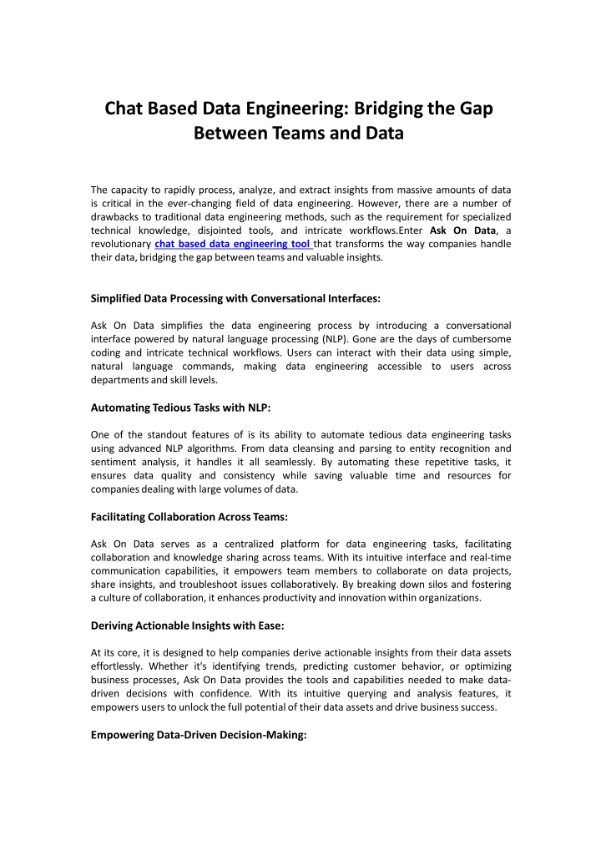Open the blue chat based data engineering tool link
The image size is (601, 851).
click(x=233, y=244)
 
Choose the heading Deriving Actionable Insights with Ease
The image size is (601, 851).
click(x=185, y=627)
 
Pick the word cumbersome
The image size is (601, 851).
click(x=481, y=339)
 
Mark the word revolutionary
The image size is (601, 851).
click(x=119, y=244)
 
